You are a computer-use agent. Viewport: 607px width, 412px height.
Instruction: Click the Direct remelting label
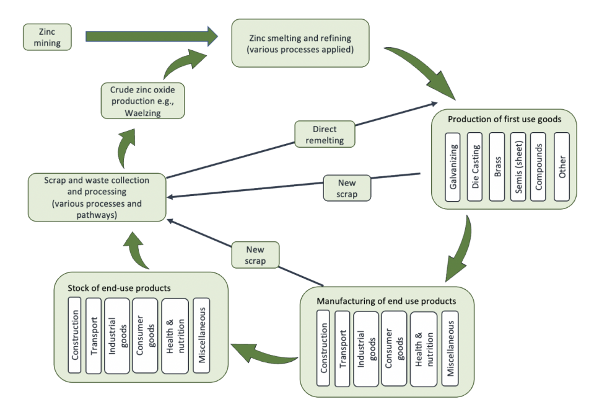325,135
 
